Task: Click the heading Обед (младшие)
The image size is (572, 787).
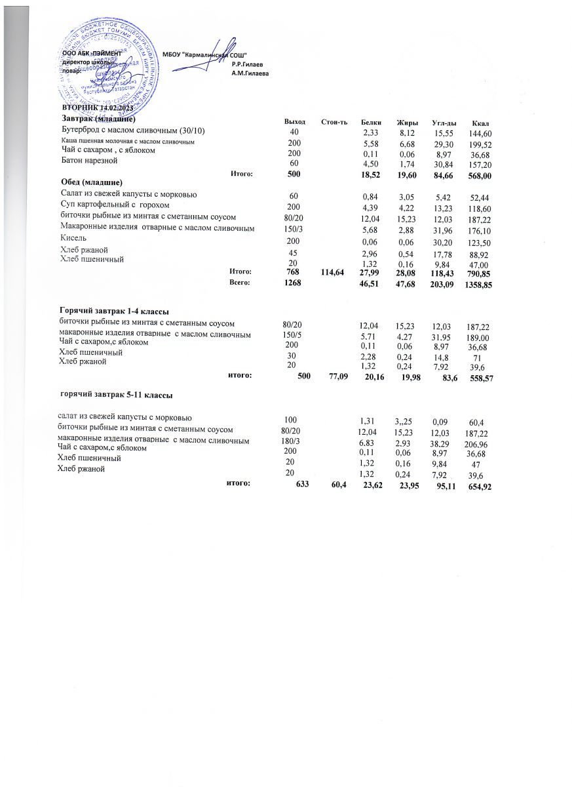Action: [92, 180]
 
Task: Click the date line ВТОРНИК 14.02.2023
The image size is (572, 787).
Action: [98, 108]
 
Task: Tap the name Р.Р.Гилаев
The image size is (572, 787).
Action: [247, 64]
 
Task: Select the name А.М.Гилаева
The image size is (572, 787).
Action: [250, 73]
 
